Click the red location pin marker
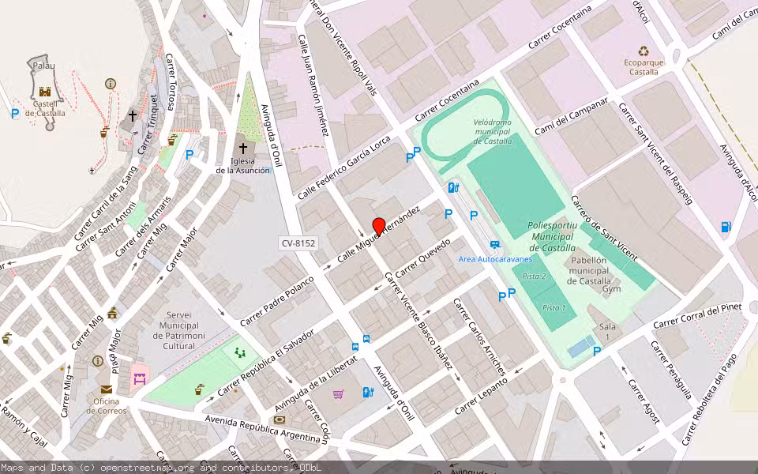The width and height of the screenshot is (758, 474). tap(378, 227)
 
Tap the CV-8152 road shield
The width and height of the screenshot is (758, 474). tap(298, 243)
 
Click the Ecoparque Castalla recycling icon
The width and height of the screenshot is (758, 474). tap(644, 50)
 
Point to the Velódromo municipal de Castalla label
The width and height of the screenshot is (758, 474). tap(492, 131)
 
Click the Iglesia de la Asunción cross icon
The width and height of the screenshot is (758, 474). tap(243, 148)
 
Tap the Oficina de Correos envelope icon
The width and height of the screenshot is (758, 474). tap(106, 389)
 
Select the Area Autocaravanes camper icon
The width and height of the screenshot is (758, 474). tap(495, 245)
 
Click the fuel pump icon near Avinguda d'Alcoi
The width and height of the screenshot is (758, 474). tap(725, 228)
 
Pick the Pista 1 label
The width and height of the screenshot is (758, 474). tap(554, 307)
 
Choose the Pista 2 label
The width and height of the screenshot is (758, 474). tap(535, 276)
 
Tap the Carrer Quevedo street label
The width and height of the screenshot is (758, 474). tap(422, 258)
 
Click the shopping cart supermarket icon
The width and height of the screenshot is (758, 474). tap(339, 393)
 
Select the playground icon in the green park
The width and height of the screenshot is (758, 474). tap(239, 353)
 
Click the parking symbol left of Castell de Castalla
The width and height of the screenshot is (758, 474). tap(15, 114)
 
